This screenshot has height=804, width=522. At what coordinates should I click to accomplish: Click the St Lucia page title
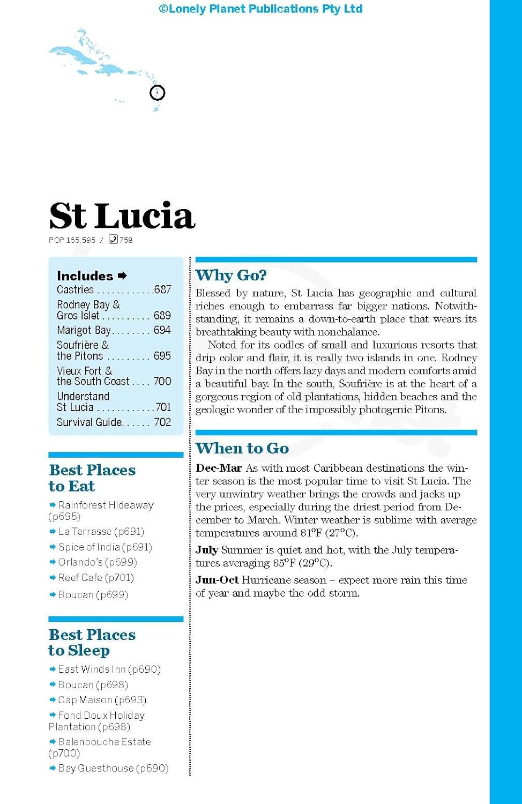[x=122, y=215]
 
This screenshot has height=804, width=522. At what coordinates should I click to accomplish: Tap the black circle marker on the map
[x=157, y=93]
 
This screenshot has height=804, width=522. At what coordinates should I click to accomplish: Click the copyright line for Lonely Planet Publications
[x=260, y=9]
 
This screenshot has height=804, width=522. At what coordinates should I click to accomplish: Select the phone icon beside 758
[x=113, y=240]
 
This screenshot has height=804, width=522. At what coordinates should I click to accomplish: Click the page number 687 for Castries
[x=162, y=289]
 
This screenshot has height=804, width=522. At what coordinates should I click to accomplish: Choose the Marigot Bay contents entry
[x=84, y=330]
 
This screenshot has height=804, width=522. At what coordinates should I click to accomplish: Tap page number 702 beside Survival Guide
[x=162, y=422]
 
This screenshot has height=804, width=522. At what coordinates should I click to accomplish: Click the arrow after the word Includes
[x=122, y=276]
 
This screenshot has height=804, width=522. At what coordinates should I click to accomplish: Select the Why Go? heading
[x=231, y=276]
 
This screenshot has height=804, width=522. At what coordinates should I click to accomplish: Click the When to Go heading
[x=242, y=448]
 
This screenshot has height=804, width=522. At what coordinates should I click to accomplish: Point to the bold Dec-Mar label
[x=219, y=468]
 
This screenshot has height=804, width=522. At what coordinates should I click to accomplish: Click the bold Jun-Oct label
[x=217, y=580]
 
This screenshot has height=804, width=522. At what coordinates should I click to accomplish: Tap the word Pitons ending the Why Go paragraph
[x=429, y=410]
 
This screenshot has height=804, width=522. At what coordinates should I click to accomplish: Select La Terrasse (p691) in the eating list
[x=101, y=532]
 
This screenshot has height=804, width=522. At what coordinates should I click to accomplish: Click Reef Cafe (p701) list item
[x=96, y=578]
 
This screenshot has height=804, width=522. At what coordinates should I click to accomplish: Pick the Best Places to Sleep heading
[x=92, y=642]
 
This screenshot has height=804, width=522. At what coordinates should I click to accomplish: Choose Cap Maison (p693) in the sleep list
[x=102, y=700]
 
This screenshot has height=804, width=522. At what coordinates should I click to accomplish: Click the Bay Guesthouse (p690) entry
[x=113, y=769]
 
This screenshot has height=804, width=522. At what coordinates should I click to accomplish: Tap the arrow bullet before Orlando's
[x=53, y=562]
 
